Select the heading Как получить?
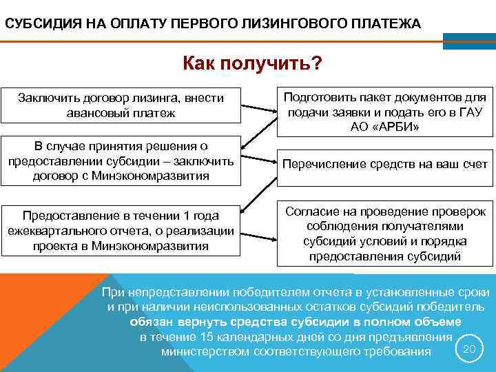point(252,63)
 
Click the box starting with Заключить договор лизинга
point(121,105)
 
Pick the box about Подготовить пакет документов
point(385,112)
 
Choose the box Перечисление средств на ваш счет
point(385,165)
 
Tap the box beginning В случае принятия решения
point(121,161)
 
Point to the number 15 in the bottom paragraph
point(205,337)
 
